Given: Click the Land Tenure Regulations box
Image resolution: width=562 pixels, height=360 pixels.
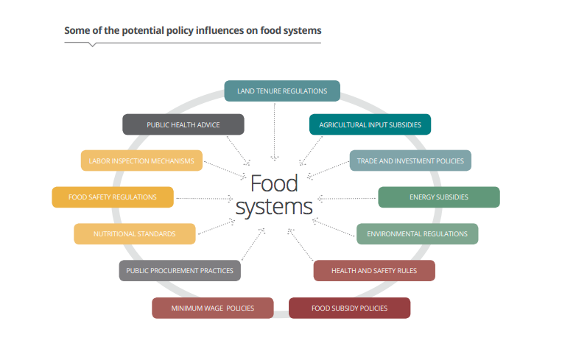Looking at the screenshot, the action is [x=282, y=91].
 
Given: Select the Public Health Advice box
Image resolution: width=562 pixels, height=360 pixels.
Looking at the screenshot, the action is [x=183, y=124].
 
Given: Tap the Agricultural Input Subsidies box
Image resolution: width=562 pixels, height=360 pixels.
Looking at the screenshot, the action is [x=370, y=124].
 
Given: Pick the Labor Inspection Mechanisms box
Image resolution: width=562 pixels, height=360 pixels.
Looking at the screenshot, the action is [x=141, y=160].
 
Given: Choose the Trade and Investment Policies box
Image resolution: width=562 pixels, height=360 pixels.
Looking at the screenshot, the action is [x=410, y=160].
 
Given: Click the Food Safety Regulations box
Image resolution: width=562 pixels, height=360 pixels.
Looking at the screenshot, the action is [x=113, y=197].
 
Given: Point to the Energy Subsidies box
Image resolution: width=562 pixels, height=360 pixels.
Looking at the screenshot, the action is [x=439, y=197].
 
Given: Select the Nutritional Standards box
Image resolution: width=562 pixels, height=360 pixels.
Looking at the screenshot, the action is [x=135, y=234].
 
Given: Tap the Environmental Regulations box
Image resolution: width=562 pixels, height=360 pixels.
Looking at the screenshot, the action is [x=417, y=234].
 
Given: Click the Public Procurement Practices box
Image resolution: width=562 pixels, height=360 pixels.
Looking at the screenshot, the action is [x=180, y=270].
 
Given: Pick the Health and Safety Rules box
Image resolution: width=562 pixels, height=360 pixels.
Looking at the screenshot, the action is [x=374, y=270].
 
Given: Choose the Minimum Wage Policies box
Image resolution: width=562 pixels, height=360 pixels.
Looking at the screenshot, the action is [x=213, y=308].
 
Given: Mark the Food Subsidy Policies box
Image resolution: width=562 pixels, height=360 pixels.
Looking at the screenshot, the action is [x=349, y=308].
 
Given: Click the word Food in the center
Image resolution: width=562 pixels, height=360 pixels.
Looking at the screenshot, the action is [x=274, y=183].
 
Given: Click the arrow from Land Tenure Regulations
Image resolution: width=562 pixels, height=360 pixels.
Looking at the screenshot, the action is [x=275, y=130].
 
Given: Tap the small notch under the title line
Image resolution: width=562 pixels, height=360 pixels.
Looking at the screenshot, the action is [x=92, y=45].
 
